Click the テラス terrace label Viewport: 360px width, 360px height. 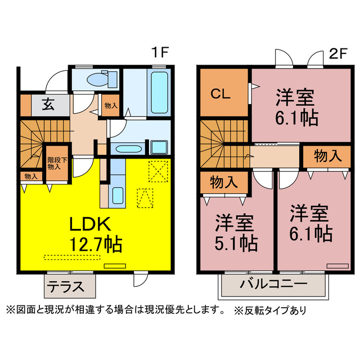click(65, 286)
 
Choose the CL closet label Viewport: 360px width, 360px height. click(220, 94)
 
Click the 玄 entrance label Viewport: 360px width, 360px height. click(48, 105)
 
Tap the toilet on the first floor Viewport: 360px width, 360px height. click(101, 79)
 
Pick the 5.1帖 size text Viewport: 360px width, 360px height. click(237, 243)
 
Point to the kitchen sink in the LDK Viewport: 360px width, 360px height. click(118, 195)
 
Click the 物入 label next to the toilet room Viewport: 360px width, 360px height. click(111, 105)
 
